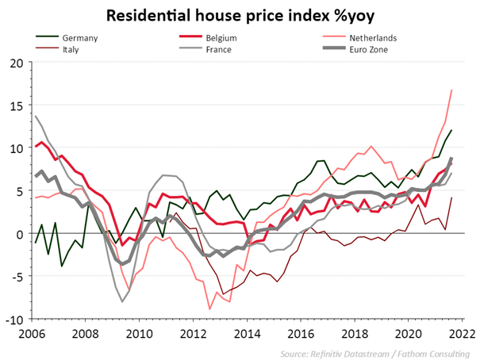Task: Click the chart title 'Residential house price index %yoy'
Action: point(240,15)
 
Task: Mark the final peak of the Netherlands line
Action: point(451,90)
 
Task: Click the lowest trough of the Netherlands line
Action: point(210,308)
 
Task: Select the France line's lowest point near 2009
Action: point(122,302)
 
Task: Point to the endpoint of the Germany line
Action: point(451,130)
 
